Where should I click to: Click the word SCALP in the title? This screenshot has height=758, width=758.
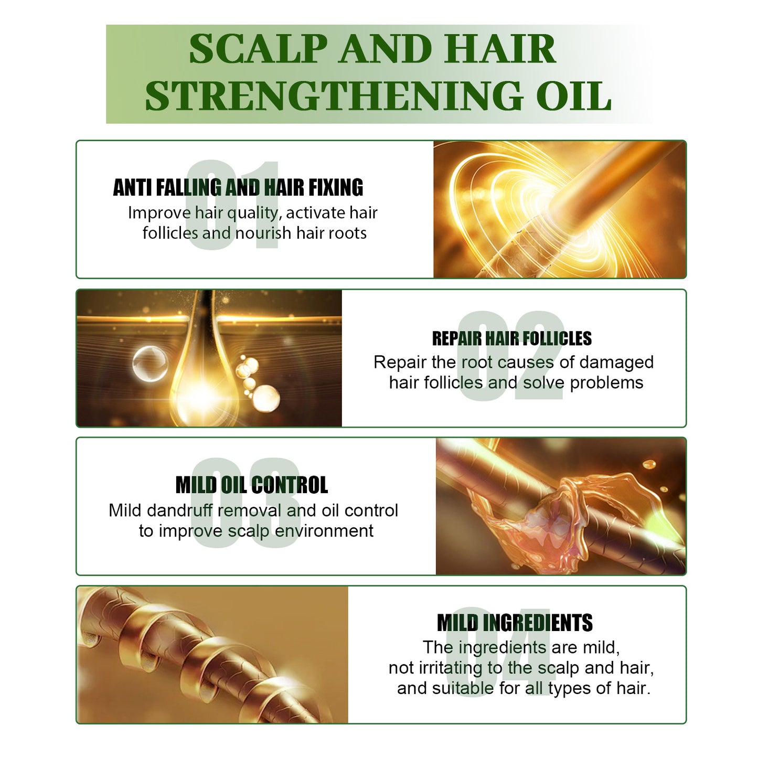coord(258,49)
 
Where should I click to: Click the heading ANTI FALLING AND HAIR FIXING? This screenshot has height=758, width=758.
coord(238,188)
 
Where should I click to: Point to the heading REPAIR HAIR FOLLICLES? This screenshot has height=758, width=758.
coord(511,339)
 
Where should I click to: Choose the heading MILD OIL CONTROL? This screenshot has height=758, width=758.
coord(251,485)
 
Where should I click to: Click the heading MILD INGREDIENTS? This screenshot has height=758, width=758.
coord(515,623)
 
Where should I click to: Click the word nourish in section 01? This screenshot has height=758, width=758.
coord(263,233)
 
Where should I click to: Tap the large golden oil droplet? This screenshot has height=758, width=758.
coord(198,378)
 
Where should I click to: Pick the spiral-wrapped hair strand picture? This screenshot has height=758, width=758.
coord(210,655)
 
